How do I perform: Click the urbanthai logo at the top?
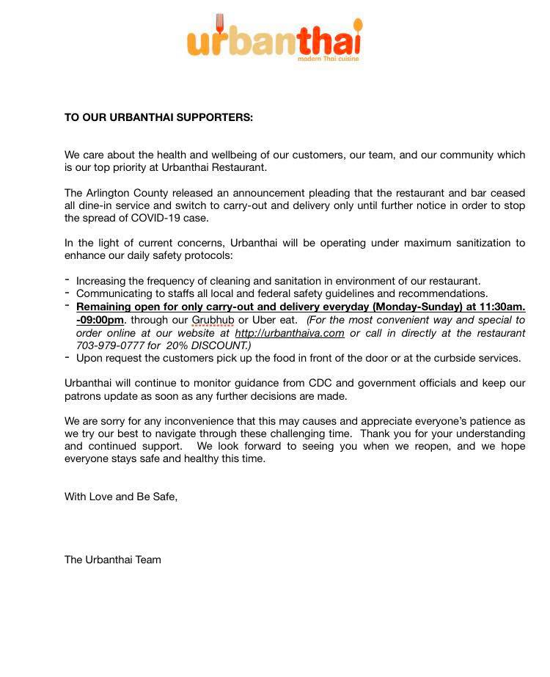point(274,40)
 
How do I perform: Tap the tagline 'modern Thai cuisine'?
point(328,59)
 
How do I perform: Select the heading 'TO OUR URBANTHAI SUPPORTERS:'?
point(158,117)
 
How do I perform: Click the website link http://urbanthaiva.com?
point(290,332)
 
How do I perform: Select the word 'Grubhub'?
point(213,320)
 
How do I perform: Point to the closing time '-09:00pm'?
point(100,320)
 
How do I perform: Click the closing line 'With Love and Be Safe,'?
point(121,496)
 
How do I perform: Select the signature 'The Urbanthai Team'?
point(113,560)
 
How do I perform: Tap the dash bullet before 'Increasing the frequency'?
point(67,280)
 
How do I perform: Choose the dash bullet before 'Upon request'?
point(67,357)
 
